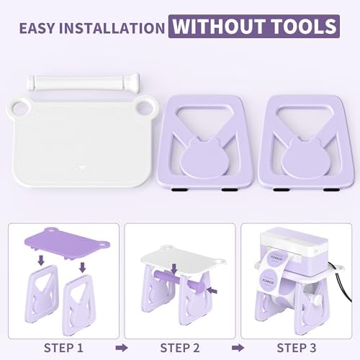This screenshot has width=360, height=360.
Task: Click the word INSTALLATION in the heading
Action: tap(112, 28)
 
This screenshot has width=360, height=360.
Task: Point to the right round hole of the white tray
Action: tap(145, 107)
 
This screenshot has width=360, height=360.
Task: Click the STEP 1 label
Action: tap(63, 348)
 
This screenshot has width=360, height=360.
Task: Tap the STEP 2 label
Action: tap(180, 348)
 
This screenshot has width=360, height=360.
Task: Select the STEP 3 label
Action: tap(297, 348)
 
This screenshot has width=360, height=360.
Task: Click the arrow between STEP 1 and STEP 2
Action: tap(122, 348)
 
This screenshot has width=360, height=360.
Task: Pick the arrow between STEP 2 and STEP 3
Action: tap(238, 348)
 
